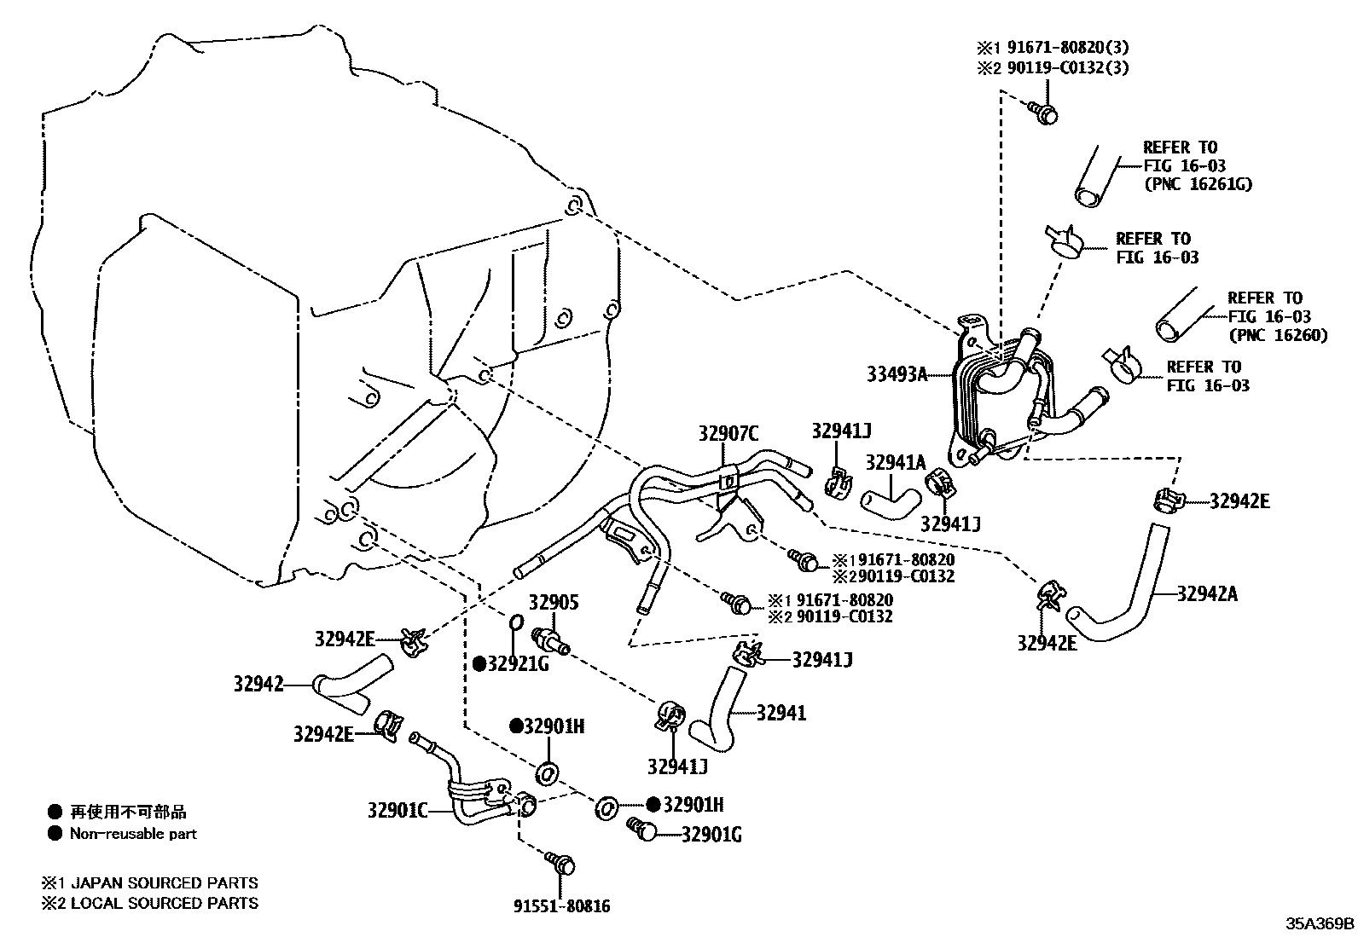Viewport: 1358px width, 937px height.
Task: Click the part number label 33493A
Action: point(897,373)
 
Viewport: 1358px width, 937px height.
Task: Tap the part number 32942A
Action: point(1206,594)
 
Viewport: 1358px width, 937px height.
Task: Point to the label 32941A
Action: point(895,462)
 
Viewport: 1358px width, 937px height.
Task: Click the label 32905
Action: point(553,603)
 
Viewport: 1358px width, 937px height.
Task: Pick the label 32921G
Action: point(518,663)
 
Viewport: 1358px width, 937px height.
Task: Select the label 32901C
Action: point(398,810)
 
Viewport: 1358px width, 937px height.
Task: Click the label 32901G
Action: point(711,835)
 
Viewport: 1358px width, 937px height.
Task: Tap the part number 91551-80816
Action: point(561,906)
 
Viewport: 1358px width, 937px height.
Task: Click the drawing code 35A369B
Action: point(1320,923)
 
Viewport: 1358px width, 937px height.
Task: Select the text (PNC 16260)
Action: point(1278,335)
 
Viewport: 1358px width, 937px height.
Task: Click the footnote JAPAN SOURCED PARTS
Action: point(163,883)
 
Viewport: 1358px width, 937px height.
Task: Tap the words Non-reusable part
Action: point(133,834)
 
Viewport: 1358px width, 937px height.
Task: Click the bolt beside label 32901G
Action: point(642,828)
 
